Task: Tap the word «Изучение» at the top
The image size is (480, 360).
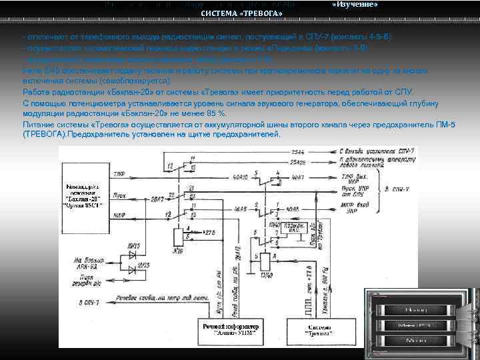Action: (x=354, y=5)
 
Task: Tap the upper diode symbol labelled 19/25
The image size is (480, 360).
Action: (x=133, y=254)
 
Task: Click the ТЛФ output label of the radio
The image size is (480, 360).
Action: (x=119, y=175)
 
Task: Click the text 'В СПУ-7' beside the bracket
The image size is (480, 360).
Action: (x=397, y=190)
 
